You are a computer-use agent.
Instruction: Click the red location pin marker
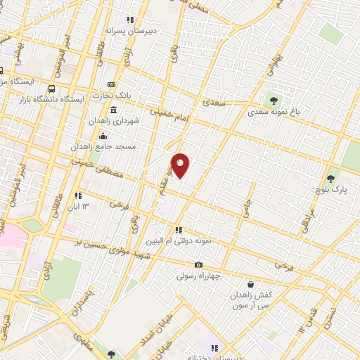point(181,165)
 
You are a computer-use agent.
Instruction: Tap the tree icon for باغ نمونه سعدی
point(274,100)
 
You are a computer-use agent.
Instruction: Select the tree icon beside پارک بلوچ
point(330,179)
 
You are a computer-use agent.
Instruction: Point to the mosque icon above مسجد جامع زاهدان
point(103,136)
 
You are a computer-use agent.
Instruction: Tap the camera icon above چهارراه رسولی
point(199,265)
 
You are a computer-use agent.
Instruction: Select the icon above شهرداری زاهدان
point(114,110)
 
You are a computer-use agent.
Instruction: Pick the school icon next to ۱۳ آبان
point(78,195)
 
